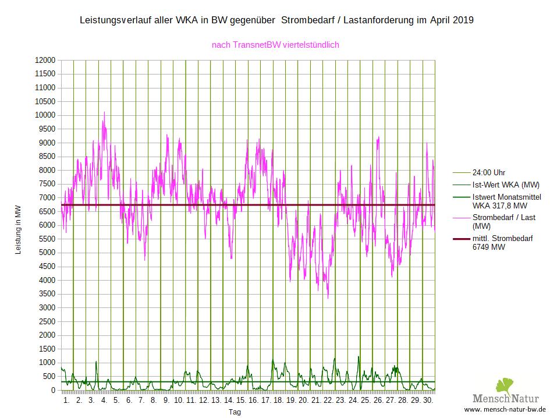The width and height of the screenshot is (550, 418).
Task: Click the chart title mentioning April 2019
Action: pos(276,20)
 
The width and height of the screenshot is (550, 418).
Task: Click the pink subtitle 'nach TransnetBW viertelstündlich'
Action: pos(275,44)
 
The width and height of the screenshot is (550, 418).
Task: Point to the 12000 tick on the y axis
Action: pos(45,60)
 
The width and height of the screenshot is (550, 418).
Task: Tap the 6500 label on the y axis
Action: pos(47,211)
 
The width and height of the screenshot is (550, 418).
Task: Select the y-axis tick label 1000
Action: pos(47,363)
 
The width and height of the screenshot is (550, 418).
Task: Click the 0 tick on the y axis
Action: pos(52,390)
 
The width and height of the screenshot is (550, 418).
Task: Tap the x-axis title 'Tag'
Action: pos(234,412)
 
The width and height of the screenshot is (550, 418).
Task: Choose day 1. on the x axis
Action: pos(66,401)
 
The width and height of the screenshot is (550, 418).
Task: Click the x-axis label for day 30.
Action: pos(428,401)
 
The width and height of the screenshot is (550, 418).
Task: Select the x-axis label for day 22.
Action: pos(328,401)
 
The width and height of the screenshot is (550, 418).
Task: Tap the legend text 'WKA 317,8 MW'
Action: pos(500,206)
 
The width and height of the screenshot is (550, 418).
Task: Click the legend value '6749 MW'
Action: pos(489,247)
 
